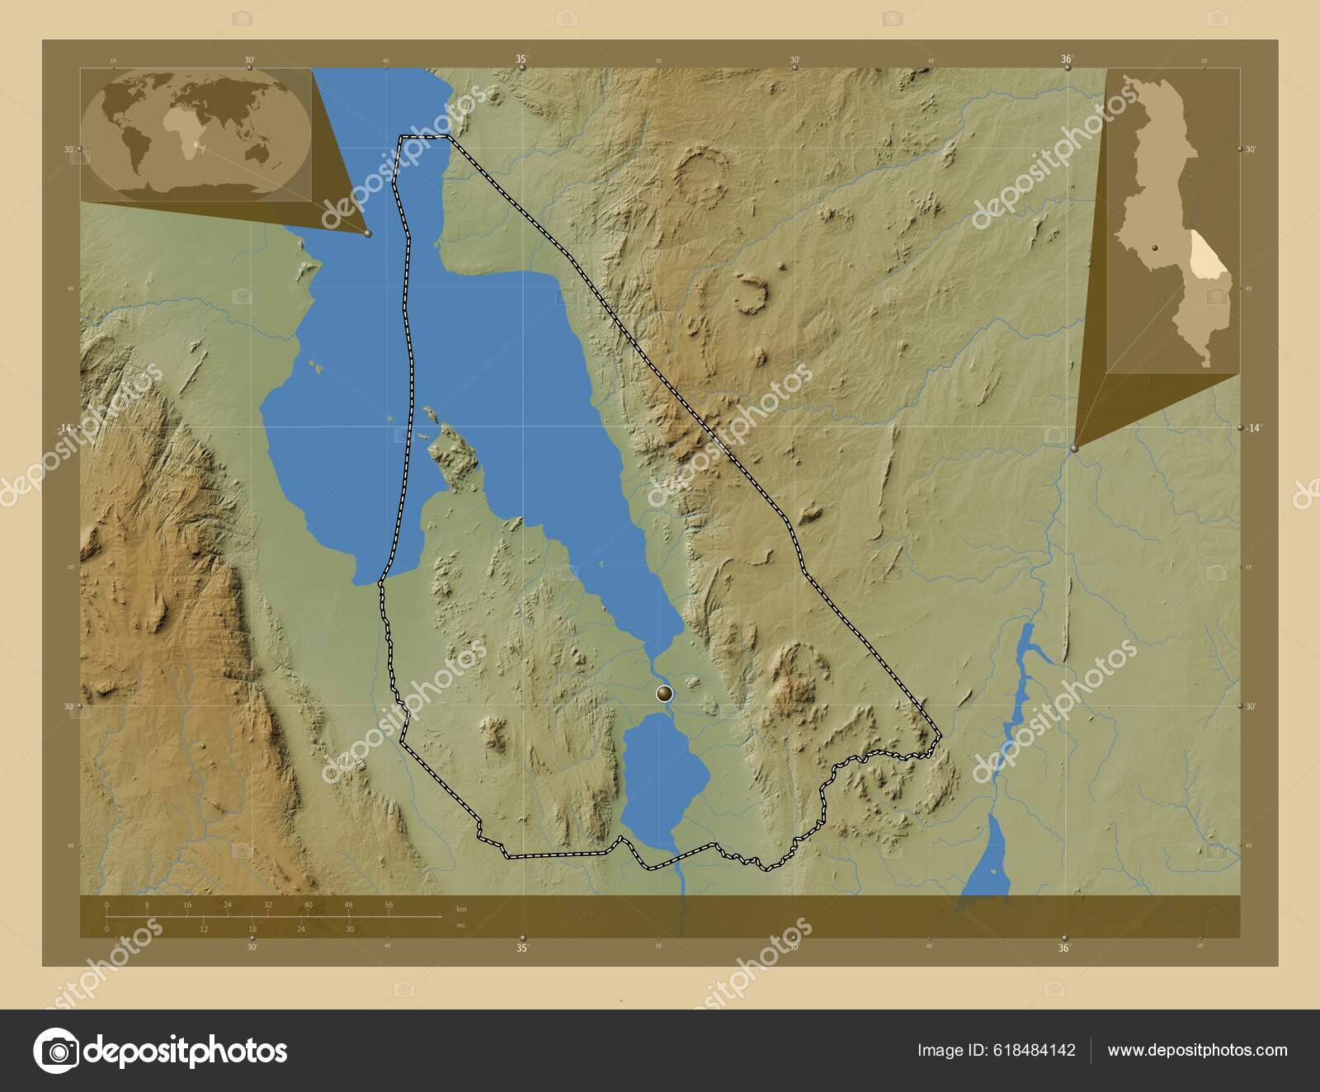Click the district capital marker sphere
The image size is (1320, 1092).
[x=665, y=694]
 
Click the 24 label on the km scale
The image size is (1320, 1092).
[x=228, y=905]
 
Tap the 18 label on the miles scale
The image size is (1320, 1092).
[x=252, y=929]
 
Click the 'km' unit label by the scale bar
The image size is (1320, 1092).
[x=462, y=909]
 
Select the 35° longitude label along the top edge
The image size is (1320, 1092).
[x=521, y=59]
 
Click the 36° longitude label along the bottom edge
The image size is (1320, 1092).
[x=1064, y=948]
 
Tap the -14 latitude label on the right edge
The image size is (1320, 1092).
[x=1254, y=427]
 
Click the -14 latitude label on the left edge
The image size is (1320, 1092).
[x=66, y=427]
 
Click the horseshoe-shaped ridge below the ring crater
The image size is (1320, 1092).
[x=750, y=294]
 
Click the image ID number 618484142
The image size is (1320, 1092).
[x=1036, y=1051]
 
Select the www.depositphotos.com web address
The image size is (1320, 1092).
[x=1197, y=1051]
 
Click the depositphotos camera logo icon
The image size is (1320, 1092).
[x=56, y=1051]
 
